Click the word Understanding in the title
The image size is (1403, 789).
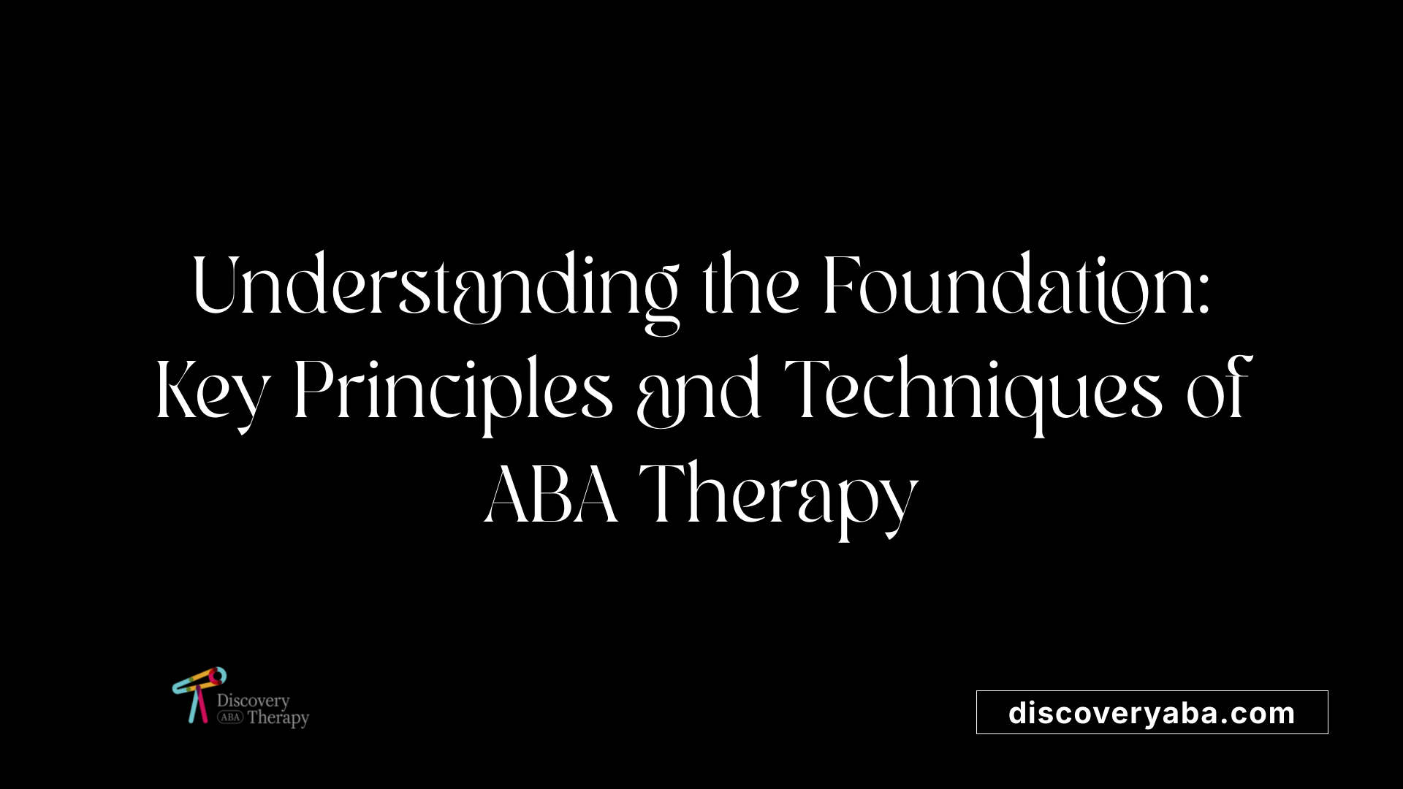436,287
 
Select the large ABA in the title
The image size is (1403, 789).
552,495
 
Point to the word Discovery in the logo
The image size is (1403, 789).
253,701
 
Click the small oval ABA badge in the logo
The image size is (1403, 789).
230,717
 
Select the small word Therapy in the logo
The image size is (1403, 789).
278,718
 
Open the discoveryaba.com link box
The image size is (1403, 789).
1152,712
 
